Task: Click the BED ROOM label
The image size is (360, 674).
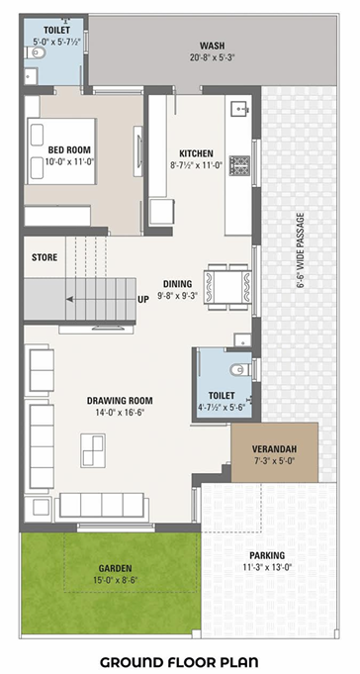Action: (70, 149)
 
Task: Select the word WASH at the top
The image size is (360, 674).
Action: (211, 46)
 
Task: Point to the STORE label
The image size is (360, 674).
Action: (45, 257)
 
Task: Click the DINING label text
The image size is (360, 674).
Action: (178, 282)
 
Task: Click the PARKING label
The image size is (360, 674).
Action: (267, 555)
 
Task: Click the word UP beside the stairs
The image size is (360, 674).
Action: (143, 299)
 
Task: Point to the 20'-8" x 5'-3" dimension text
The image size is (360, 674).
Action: (211, 58)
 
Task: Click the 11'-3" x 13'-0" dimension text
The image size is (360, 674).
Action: (267, 568)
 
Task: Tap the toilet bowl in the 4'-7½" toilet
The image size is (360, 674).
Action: (238, 370)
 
